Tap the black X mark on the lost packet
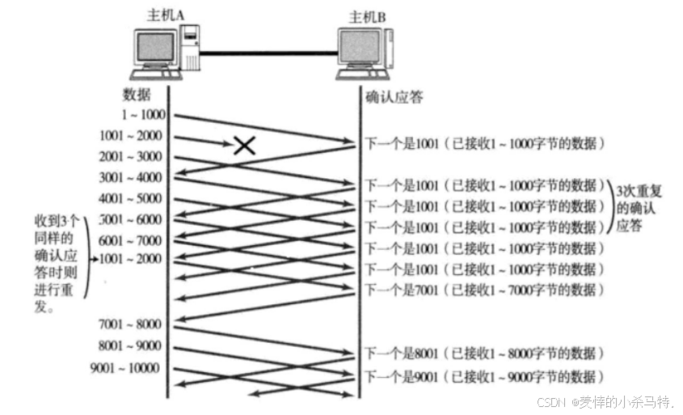point(245,145)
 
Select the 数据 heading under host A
point(137,94)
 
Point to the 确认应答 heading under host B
point(394,98)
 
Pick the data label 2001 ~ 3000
point(130,156)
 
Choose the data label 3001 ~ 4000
point(130,177)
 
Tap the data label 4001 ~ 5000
point(130,198)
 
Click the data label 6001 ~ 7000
point(130,240)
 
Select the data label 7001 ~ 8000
point(130,324)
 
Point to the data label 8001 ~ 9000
point(130,347)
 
